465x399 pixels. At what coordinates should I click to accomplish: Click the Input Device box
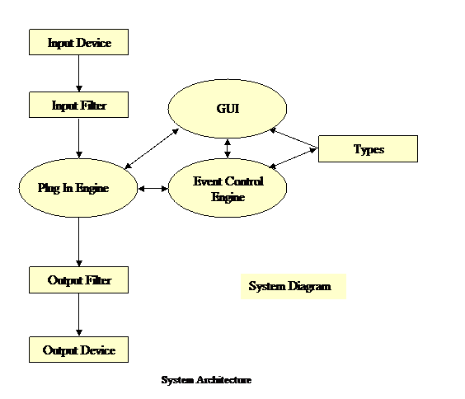pos(78,42)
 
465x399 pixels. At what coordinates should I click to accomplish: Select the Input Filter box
pos(78,105)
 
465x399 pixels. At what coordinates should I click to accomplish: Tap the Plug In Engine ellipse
pos(78,188)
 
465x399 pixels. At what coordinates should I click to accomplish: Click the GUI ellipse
pos(228,109)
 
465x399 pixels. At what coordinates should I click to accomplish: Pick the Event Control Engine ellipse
pos(228,188)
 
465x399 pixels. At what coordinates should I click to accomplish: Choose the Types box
pos(368,149)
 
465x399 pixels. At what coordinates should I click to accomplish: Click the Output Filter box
pos(78,279)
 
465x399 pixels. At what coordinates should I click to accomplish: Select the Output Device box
pos(78,350)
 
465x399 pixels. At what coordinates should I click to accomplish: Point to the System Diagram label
pos(289,286)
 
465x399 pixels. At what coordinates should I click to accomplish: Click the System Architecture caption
pos(206,380)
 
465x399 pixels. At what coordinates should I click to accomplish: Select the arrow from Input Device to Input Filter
pos(79,73)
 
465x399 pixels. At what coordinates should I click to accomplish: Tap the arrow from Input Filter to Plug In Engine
pos(79,138)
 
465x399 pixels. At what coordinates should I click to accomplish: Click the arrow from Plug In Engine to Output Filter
pos(79,242)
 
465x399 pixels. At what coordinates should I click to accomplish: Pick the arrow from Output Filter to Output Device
pos(79,315)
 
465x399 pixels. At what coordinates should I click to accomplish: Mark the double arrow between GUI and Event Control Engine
pos(228,148)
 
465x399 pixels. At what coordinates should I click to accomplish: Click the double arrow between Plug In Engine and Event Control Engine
pos(153,189)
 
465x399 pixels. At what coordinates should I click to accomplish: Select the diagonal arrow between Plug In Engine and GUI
pos(152,148)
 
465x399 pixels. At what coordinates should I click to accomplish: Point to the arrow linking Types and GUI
pos(294,138)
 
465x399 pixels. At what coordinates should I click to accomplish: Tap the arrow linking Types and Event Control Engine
pos(293,158)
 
